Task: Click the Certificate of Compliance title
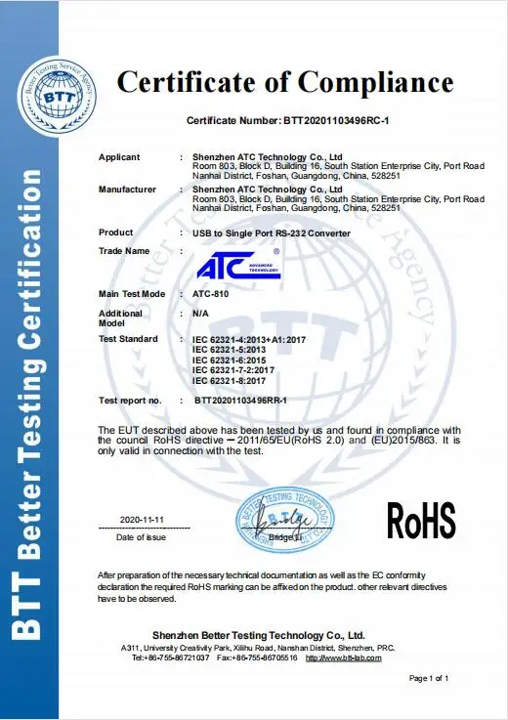(285, 81)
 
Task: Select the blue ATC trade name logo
(238, 264)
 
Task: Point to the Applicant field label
(119, 157)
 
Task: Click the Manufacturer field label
(128, 189)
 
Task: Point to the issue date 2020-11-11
(142, 519)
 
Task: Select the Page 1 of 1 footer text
(429, 678)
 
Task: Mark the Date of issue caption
(141, 537)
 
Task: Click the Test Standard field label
(129, 339)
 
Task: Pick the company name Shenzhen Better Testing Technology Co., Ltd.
(258, 635)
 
